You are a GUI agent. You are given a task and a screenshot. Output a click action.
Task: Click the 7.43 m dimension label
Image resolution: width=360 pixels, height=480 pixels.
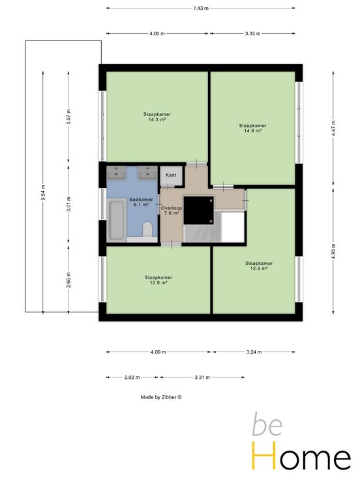point(200,8)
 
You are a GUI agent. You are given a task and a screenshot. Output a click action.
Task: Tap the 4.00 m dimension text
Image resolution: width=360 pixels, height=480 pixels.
point(157,33)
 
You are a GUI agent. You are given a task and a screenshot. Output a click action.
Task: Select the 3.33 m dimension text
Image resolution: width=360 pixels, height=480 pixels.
point(252,33)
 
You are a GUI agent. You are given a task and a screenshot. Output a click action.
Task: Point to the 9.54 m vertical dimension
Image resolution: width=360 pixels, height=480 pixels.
point(43,193)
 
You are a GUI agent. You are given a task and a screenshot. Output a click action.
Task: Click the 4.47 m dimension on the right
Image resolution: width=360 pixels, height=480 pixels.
point(333,128)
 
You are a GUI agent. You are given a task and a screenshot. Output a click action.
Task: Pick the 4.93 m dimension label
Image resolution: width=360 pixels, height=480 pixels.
point(333,251)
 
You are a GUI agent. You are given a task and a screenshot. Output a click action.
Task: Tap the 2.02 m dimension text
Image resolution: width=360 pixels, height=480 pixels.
point(132,378)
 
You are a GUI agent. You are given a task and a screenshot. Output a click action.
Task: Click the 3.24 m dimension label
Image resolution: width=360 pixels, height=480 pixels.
point(254,352)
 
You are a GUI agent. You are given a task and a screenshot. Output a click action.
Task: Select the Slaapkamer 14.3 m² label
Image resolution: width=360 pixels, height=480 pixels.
point(157,117)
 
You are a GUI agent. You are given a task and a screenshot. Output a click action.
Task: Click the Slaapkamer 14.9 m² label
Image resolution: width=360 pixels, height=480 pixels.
point(252,128)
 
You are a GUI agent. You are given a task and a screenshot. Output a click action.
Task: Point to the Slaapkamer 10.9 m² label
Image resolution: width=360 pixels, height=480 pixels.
point(158,280)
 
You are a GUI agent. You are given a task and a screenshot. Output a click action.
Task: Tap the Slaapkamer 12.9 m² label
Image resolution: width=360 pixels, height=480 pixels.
point(259,265)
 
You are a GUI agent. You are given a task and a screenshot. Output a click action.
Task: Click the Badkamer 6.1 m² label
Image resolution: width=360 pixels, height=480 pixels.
point(141,202)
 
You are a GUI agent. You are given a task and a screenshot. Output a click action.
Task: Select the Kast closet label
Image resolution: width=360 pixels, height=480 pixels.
point(171,175)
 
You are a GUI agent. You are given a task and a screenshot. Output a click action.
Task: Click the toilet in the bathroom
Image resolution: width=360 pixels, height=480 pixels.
point(147,229)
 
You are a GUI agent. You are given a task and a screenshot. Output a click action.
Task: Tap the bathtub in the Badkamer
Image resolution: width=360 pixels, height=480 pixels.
point(116,220)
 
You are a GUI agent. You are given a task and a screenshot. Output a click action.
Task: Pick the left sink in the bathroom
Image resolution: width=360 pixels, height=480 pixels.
point(116,173)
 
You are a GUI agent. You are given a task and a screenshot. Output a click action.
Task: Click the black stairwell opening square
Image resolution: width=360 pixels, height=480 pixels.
point(198,210)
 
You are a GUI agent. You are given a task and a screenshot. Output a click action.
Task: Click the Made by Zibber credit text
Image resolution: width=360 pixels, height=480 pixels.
point(161,397)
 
